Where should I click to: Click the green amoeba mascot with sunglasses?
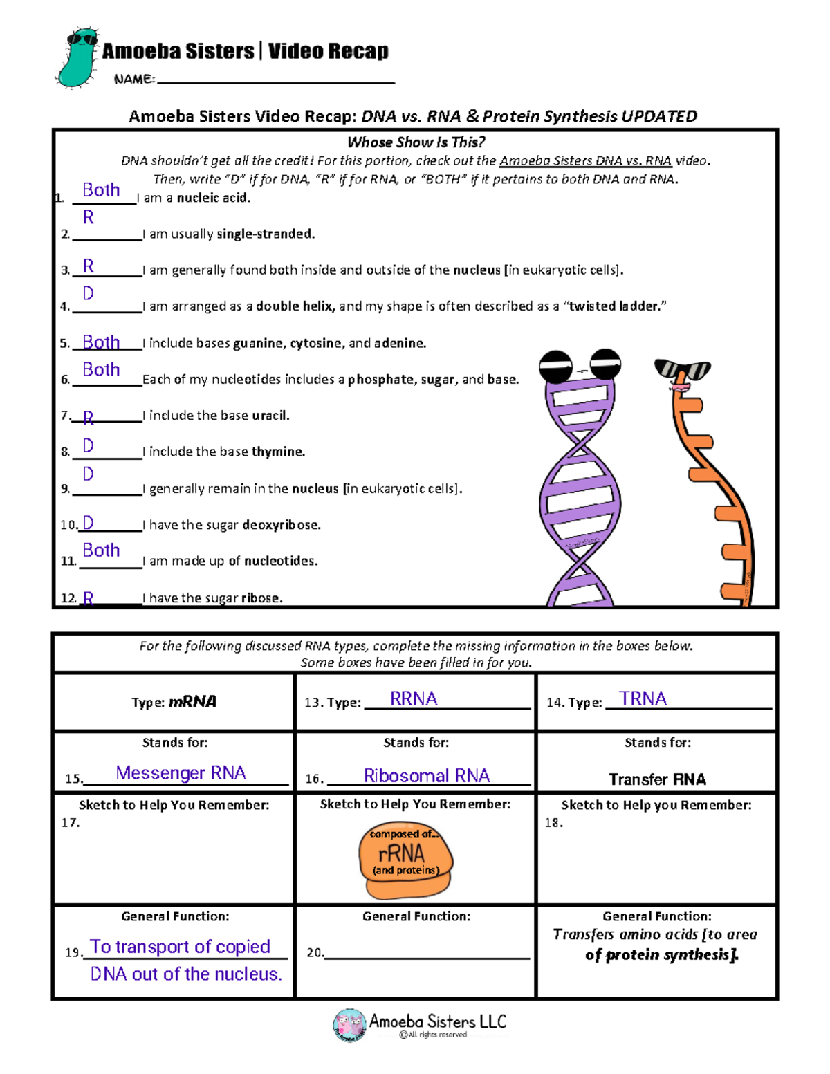tap(77, 59)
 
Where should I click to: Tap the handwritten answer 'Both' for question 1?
tap(101, 190)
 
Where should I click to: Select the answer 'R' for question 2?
tap(89, 218)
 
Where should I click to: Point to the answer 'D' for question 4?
tap(89, 294)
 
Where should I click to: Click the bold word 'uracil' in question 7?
tap(270, 416)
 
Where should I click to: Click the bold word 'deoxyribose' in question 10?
tap(281, 525)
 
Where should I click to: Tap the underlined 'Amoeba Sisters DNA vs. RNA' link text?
tap(585, 161)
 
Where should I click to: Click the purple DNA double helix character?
tap(580, 484)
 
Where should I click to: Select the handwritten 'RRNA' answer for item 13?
tap(414, 699)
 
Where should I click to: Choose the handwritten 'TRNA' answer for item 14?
tap(643, 699)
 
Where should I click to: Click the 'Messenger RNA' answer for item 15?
tap(181, 773)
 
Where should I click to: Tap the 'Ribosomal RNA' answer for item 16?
tap(427, 776)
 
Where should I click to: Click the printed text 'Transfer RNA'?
tap(657, 779)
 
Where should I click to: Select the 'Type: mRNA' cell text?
tap(174, 702)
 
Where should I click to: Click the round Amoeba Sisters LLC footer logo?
tap(349, 1024)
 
